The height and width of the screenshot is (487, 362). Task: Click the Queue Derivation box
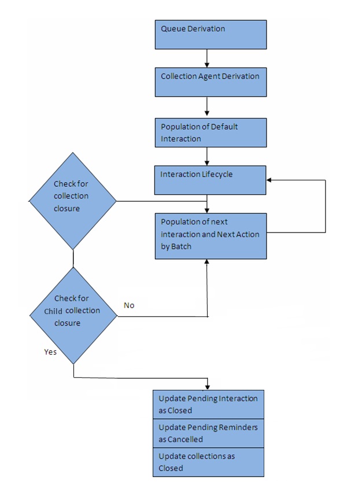coord(210,35)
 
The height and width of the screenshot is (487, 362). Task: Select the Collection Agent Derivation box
coord(210,82)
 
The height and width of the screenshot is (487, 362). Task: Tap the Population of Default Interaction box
coord(210,132)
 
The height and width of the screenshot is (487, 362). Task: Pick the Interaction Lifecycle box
coord(210,180)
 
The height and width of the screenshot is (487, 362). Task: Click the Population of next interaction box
coord(210,235)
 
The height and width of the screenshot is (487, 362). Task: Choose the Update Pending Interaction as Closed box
coord(208,404)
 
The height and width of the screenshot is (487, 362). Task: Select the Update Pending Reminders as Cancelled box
coord(208,433)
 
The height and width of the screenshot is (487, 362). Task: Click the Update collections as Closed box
coord(208,462)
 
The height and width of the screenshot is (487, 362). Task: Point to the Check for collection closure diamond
coord(73,201)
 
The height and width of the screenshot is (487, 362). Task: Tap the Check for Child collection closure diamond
coord(73,316)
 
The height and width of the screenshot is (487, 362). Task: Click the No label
coord(129,305)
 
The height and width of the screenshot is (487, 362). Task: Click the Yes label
coord(50,352)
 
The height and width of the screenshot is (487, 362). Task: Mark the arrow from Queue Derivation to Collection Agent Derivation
coord(207,58)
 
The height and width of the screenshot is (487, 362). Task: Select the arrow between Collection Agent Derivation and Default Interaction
coord(207,107)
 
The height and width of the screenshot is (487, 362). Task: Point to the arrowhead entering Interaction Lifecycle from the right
coord(270,180)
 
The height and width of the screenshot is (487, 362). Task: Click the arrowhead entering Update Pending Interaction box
coord(207,386)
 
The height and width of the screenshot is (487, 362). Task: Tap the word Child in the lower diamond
coord(53,311)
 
